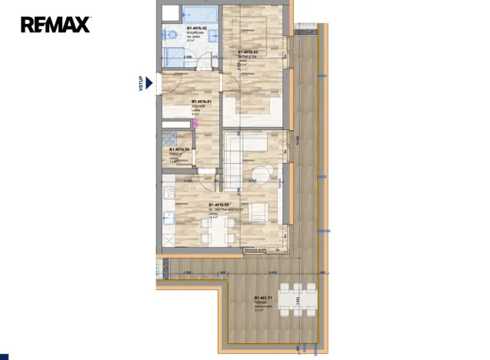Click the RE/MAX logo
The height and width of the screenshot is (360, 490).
(55, 24)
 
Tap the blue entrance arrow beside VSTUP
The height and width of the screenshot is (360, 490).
(151, 83)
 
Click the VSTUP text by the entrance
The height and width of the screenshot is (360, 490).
(142, 83)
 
